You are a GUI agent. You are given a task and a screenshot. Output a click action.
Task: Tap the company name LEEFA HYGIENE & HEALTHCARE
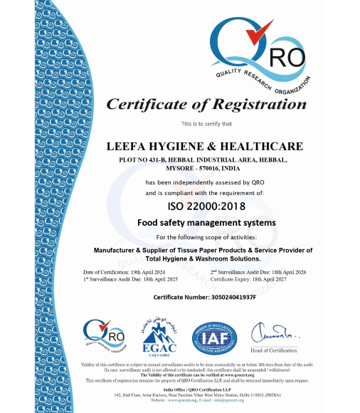204,146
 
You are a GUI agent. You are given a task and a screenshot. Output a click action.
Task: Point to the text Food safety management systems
205,223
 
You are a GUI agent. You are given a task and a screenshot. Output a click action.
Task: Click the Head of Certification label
268,349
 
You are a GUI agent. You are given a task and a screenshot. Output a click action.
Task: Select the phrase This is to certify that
204,124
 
